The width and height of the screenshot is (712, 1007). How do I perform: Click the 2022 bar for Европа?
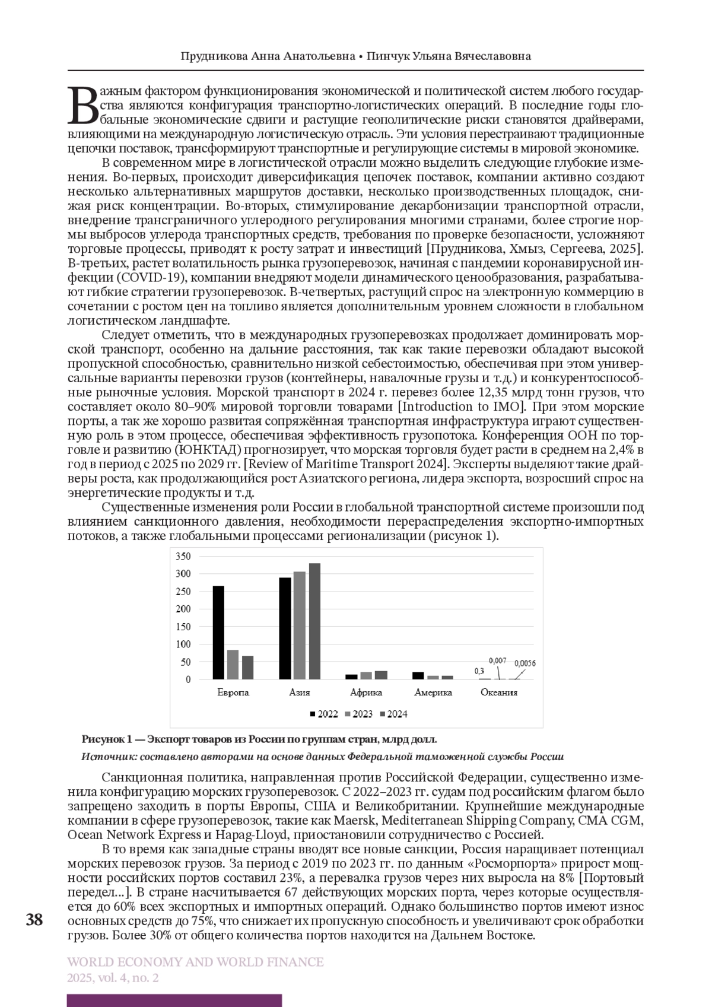(x=218, y=633)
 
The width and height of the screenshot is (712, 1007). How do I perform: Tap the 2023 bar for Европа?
(x=233, y=664)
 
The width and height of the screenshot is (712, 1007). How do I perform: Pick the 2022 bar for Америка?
(x=418, y=675)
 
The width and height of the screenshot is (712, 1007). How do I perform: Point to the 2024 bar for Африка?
(x=381, y=675)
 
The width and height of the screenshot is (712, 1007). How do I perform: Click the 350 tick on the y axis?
(x=184, y=556)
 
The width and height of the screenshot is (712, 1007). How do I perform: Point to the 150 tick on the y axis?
(x=184, y=627)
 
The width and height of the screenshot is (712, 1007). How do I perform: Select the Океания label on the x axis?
(x=499, y=692)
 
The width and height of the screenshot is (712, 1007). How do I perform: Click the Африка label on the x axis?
(x=366, y=692)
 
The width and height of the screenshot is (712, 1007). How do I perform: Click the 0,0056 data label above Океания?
(x=525, y=663)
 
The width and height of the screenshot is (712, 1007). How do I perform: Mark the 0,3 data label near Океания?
(x=479, y=671)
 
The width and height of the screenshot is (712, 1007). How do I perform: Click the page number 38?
(x=34, y=920)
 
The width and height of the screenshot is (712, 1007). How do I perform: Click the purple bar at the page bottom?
(x=174, y=1000)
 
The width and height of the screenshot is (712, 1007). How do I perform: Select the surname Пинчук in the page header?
(x=389, y=56)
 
